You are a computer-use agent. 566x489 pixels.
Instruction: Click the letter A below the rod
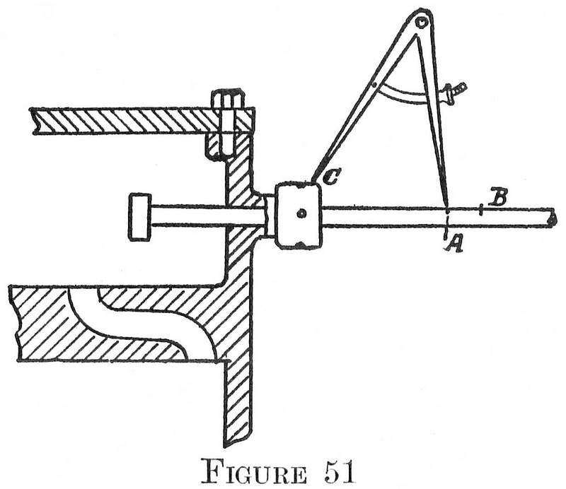[454, 243]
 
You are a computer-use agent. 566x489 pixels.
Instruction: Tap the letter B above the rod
[497, 198]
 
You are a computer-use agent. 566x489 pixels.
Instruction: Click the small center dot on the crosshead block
[301, 213]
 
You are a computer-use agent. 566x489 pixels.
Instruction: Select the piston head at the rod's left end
[139, 217]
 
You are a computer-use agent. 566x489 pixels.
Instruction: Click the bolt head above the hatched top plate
[228, 97]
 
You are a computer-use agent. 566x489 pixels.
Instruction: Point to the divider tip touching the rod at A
[448, 207]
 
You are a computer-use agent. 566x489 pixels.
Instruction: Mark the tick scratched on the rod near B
[480, 208]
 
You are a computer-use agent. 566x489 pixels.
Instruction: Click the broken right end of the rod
[551, 218]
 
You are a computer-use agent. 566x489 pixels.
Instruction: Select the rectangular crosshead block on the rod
[299, 216]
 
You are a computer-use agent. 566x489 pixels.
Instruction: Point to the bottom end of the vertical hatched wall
[239, 442]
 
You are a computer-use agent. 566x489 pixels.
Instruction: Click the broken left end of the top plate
[34, 120]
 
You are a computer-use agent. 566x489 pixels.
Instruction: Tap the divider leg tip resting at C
[313, 181]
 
